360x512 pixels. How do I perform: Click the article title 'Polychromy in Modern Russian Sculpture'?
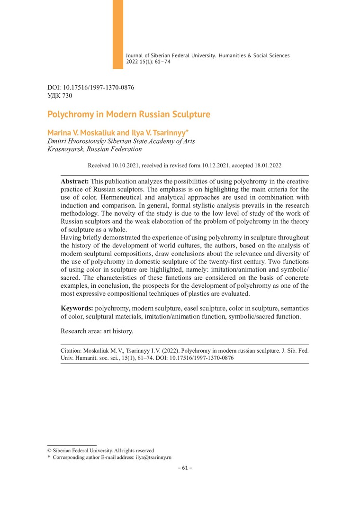pos(128,115)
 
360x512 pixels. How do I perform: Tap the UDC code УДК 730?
pos(60,96)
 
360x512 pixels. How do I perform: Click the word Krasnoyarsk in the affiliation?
pos(65,149)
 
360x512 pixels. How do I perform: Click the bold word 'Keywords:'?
pos(77,308)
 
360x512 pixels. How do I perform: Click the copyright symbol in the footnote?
pos(49,450)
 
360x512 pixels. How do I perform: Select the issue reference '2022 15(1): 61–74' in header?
pos(148,62)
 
